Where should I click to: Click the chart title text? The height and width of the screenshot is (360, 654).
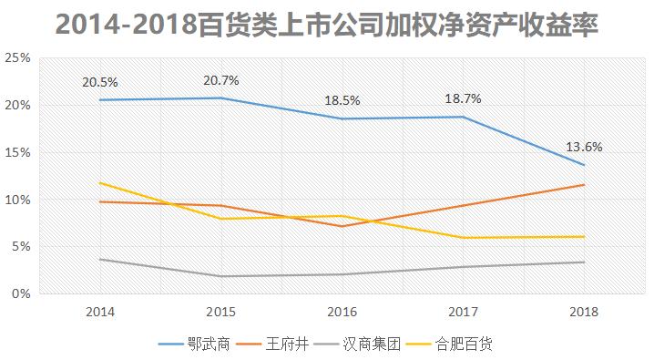coord(326,25)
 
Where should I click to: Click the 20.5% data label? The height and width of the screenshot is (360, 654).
coord(99,82)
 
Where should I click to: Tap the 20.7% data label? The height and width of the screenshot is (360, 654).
coord(220,80)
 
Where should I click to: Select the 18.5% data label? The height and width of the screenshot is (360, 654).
coord(342,101)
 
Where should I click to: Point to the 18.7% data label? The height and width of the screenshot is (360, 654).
coord(463,98)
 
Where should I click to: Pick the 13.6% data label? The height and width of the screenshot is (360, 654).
coord(584,147)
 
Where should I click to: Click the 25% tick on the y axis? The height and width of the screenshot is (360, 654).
coord(18,57)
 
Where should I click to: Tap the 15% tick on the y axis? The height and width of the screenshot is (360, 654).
coord(18,152)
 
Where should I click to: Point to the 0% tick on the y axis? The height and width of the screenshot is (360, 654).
coord(22,294)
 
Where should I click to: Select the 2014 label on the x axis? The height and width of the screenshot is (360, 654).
coord(99,312)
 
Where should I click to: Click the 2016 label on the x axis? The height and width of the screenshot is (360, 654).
coord(342,312)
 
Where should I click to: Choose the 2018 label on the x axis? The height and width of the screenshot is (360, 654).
coord(584,312)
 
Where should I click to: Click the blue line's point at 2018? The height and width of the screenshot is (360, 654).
coord(584,165)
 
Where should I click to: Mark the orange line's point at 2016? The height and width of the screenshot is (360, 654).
coord(342,226)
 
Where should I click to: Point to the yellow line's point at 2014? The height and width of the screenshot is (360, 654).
coord(99,182)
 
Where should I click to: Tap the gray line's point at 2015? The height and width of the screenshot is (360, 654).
coord(220,276)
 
